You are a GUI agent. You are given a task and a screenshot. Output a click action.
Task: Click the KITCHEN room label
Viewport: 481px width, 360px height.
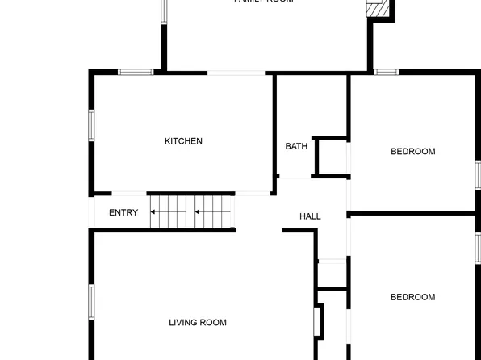183,141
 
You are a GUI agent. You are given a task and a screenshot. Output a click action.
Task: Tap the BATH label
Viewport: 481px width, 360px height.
296,147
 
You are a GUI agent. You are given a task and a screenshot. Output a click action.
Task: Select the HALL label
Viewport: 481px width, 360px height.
310,216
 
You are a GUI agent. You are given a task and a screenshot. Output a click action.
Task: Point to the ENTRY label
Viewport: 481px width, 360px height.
123,213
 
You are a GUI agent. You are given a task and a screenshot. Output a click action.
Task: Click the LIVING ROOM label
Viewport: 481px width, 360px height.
198,323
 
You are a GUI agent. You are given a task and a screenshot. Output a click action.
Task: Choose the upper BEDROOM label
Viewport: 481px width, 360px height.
412,152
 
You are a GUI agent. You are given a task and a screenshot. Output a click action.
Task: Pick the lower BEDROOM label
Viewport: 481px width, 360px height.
412,297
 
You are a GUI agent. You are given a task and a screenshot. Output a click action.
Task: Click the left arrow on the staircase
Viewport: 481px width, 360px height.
168,214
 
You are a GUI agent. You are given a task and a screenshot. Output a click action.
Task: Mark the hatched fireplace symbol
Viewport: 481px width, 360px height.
379,8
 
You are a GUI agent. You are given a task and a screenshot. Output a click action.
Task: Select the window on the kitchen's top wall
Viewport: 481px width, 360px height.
136,73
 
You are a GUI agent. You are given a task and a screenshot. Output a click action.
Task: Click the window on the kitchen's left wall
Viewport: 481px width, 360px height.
92,126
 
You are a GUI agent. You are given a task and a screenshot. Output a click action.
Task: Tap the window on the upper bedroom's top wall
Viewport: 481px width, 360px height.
387,73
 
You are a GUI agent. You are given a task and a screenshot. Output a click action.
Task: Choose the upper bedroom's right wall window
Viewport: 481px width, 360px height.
478,175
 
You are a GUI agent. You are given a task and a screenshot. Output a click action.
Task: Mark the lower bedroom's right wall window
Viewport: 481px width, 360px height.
478,248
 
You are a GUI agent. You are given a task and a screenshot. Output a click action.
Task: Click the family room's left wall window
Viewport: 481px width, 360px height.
163,10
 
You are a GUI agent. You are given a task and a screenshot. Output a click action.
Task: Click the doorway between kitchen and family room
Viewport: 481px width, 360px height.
236,73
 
